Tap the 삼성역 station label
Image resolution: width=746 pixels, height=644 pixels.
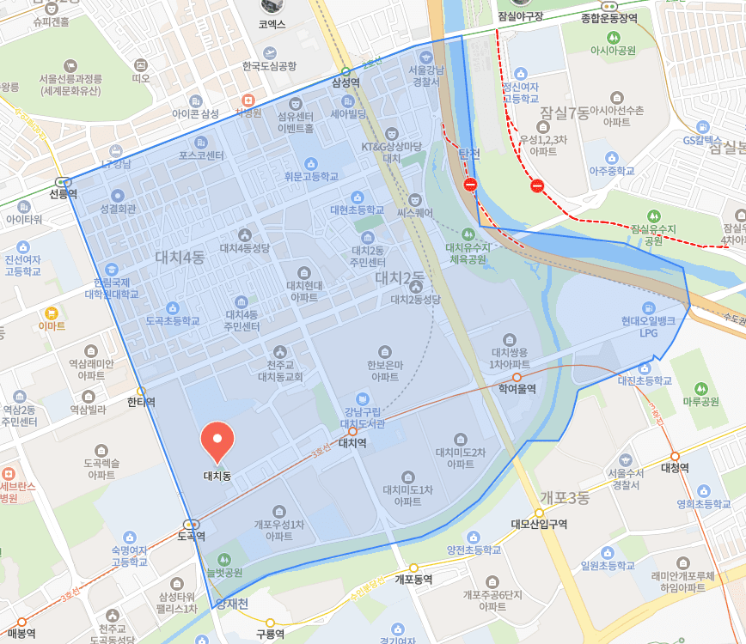345,82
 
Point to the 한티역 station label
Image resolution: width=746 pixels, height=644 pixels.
141,401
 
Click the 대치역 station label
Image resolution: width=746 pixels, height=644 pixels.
352,443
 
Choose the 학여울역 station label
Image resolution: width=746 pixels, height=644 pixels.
517,389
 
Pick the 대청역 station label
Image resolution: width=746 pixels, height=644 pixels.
676,468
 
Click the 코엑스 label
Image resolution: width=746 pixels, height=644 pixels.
272,25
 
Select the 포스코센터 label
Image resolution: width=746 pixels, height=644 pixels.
201,155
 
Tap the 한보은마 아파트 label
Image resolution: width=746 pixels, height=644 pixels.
384,370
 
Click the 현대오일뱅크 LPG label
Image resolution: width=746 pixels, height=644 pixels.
648,327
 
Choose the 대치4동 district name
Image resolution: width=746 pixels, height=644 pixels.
180,256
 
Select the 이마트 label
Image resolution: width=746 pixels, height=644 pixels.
52,325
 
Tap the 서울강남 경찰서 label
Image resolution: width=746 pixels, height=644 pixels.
425,76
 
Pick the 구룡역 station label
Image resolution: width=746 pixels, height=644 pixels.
270,635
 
